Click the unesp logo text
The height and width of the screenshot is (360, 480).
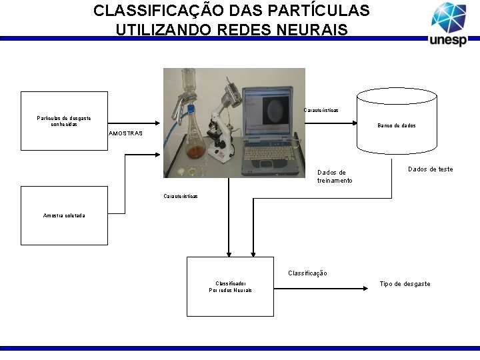click(448, 40)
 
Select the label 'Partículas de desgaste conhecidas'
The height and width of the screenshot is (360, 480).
click(64, 121)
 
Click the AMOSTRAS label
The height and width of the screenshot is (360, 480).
click(125, 133)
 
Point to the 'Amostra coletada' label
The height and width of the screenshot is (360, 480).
click(64, 215)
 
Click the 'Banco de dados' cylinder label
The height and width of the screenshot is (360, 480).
click(397, 125)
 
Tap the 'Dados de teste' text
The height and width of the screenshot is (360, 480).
click(430, 169)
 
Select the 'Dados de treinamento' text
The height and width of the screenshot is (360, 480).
click(335, 177)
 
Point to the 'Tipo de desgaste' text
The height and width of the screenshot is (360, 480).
click(405, 284)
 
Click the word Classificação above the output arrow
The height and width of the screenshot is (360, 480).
click(307, 273)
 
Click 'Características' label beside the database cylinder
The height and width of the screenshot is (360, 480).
click(321, 110)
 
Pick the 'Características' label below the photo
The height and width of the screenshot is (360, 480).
click(181, 196)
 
